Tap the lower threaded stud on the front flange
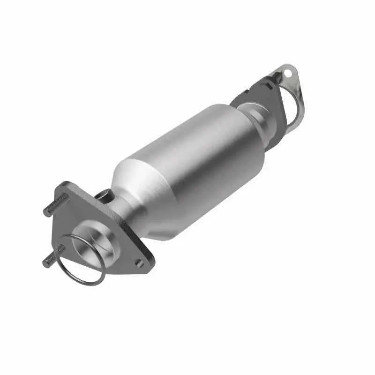pos(52,259)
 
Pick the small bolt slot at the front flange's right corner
pos(139,263)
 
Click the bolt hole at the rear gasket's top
pos(287,73)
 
